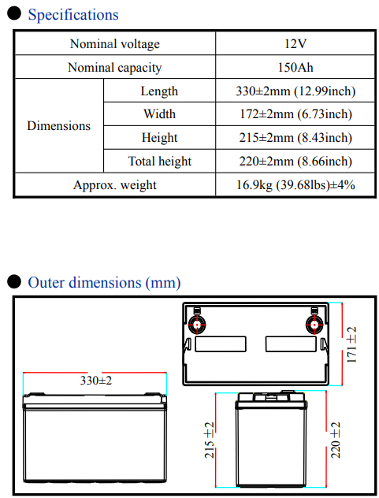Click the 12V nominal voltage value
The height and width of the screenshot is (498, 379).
click(x=295, y=43)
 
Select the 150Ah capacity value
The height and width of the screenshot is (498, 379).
click(x=295, y=67)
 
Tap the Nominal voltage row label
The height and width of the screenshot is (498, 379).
click(x=115, y=44)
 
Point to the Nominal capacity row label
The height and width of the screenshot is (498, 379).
click(x=115, y=68)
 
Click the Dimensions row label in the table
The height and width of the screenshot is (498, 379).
click(x=59, y=126)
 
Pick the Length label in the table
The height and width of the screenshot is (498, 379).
click(x=159, y=91)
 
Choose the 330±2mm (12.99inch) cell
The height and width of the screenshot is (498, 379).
click(x=295, y=91)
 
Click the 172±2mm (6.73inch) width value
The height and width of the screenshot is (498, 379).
click(x=295, y=114)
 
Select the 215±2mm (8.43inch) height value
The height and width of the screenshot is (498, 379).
click(x=295, y=138)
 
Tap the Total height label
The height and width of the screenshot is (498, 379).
click(x=159, y=162)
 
